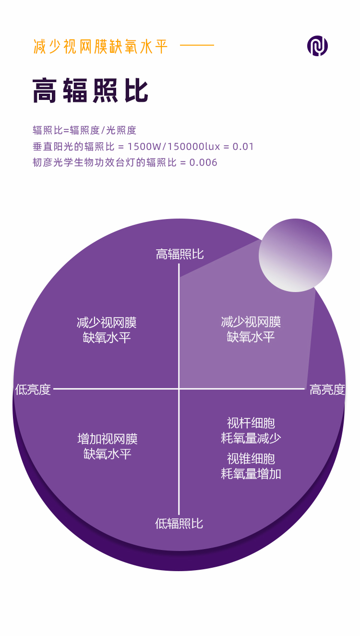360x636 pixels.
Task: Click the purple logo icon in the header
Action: point(317,46)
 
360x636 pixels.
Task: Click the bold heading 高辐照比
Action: point(91,91)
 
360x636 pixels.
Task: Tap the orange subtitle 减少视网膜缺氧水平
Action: point(101,47)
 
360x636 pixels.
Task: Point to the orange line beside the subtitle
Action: point(197,46)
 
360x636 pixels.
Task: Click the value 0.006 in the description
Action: point(204,162)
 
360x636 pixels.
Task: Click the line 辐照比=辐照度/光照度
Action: point(84,130)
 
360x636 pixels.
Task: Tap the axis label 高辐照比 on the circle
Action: point(180,254)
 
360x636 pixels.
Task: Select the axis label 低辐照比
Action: point(179,523)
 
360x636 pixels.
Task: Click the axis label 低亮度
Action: point(33,389)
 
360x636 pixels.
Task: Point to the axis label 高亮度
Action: point(327,389)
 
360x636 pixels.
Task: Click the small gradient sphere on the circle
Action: point(295,255)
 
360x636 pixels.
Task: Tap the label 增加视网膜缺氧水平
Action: point(107,446)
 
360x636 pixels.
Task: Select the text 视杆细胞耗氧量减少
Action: point(251,430)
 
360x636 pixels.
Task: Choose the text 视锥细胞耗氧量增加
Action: point(251,466)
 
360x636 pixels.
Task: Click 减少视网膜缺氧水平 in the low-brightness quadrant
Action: point(107,330)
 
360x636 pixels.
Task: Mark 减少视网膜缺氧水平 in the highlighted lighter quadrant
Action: point(251,329)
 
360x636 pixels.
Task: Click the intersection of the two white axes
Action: point(179,389)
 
